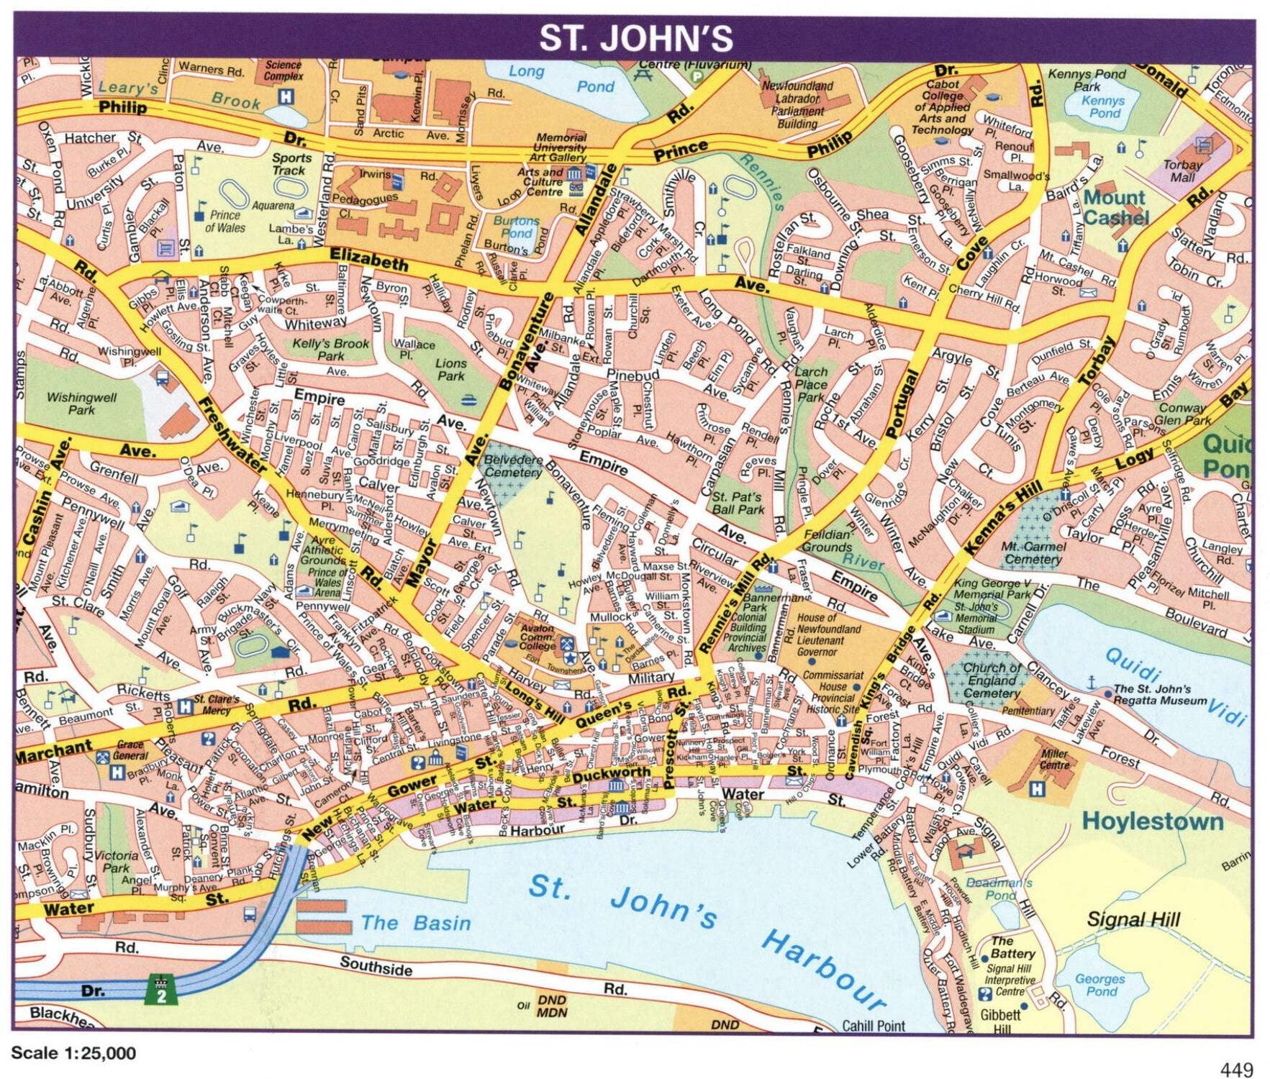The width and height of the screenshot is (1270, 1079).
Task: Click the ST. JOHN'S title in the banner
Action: click(x=635, y=39)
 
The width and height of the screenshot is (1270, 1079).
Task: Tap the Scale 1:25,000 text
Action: click(x=73, y=1053)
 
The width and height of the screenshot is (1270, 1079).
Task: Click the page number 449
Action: click(x=1236, y=1070)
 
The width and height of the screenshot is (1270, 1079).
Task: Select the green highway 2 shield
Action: click(x=161, y=991)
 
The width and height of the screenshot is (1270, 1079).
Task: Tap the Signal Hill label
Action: click(x=1133, y=919)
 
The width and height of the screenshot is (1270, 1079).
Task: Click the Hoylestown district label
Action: click(x=1153, y=821)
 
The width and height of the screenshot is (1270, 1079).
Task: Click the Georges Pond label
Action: click(x=1100, y=985)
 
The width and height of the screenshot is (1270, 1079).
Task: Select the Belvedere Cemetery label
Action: click(x=513, y=466)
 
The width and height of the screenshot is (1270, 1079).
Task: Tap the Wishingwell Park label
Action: click(x=81, y=403)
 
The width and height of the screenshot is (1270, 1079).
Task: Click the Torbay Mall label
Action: click(x=1182, y=170)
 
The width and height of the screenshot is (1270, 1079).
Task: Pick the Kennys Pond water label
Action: click(x=1104, y=106)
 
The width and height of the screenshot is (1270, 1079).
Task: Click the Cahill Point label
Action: click(x=874, y=1026)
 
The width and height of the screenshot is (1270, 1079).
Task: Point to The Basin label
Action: click(x=415, y=923)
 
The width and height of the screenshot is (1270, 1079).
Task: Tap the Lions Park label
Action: click(x=450, y=370)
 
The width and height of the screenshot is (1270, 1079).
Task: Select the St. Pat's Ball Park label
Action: click(x=738, y=503)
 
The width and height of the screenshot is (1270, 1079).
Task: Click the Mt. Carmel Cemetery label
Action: click(x=1033, y=552)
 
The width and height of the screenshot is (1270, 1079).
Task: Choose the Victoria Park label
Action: click(x=117, y=862)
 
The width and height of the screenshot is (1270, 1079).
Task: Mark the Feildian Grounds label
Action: click(x=827, y=540)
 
